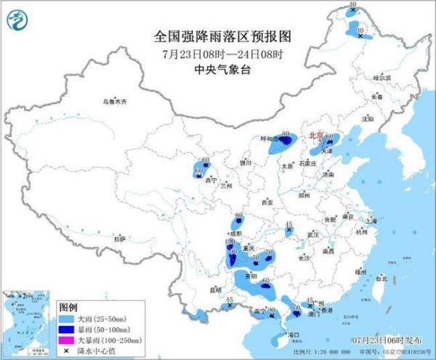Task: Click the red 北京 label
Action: [316, 135]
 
